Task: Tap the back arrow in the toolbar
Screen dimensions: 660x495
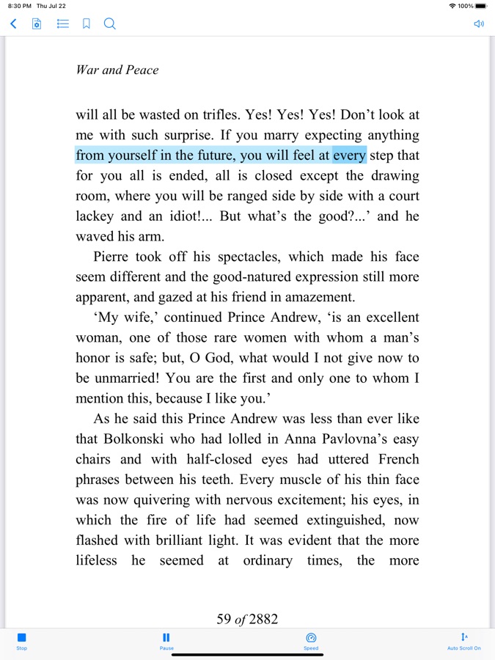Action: coord(13,24)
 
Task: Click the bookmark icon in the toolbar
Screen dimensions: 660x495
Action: coord(86,24)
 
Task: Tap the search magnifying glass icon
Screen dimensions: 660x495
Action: coord(109,24)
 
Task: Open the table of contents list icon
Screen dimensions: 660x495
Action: coord(63,24)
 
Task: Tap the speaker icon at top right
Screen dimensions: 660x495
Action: coord(479,24)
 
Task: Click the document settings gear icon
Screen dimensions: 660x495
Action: coord(37,24)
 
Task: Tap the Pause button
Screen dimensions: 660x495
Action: coord(166,641)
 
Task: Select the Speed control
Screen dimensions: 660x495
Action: coord(311,641)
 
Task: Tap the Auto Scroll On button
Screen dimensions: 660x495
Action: coord(464,641)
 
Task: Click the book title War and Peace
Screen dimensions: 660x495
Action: coord(117,70)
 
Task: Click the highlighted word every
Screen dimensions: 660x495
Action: coord(349,155)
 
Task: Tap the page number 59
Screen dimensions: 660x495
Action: coord(224,619)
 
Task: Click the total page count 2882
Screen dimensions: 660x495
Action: coord(263,619)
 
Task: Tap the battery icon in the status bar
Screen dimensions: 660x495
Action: coord(481,6)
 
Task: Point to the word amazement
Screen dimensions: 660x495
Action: coord(319,297)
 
